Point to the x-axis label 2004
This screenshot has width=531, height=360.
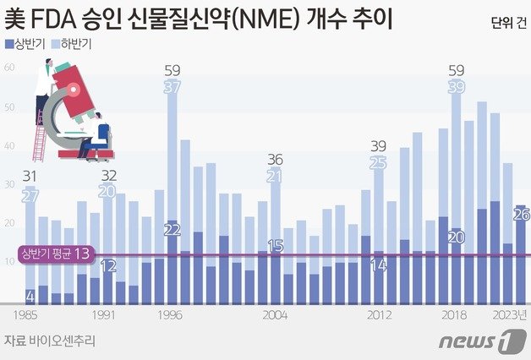[275, 314]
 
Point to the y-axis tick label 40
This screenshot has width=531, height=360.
[10, 146]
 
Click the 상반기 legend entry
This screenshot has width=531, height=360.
[24, 41]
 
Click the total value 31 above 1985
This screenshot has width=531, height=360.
[30, 176]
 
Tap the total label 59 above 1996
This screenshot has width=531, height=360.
[172, 70]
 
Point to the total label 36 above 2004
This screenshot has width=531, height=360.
[276, 159]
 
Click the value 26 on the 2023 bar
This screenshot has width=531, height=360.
[522, 215]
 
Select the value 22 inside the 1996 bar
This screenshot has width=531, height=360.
[172, 230]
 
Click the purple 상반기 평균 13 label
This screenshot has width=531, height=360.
[55, 254]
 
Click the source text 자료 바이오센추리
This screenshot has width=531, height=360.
[49, 341]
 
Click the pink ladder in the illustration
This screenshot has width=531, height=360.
[38, 134]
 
